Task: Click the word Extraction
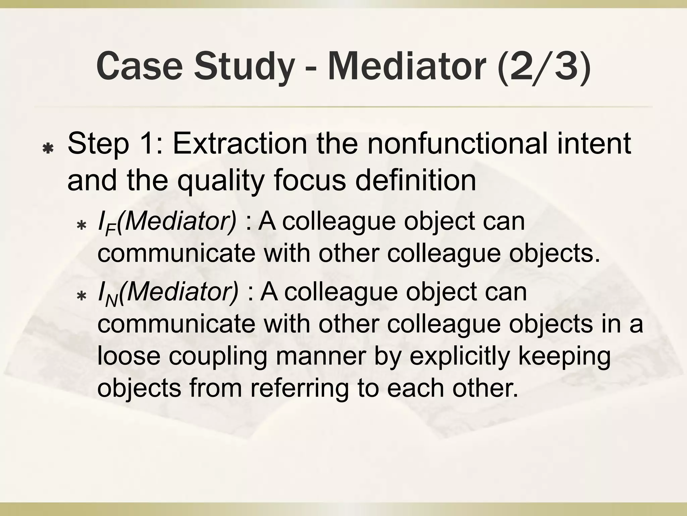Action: [x=240, y=144]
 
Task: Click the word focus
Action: [x=310, y=180]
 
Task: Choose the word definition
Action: [x=416, y=180]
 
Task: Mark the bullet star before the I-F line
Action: [x=81, y=225]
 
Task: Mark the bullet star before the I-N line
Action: [x=81, y=296]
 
